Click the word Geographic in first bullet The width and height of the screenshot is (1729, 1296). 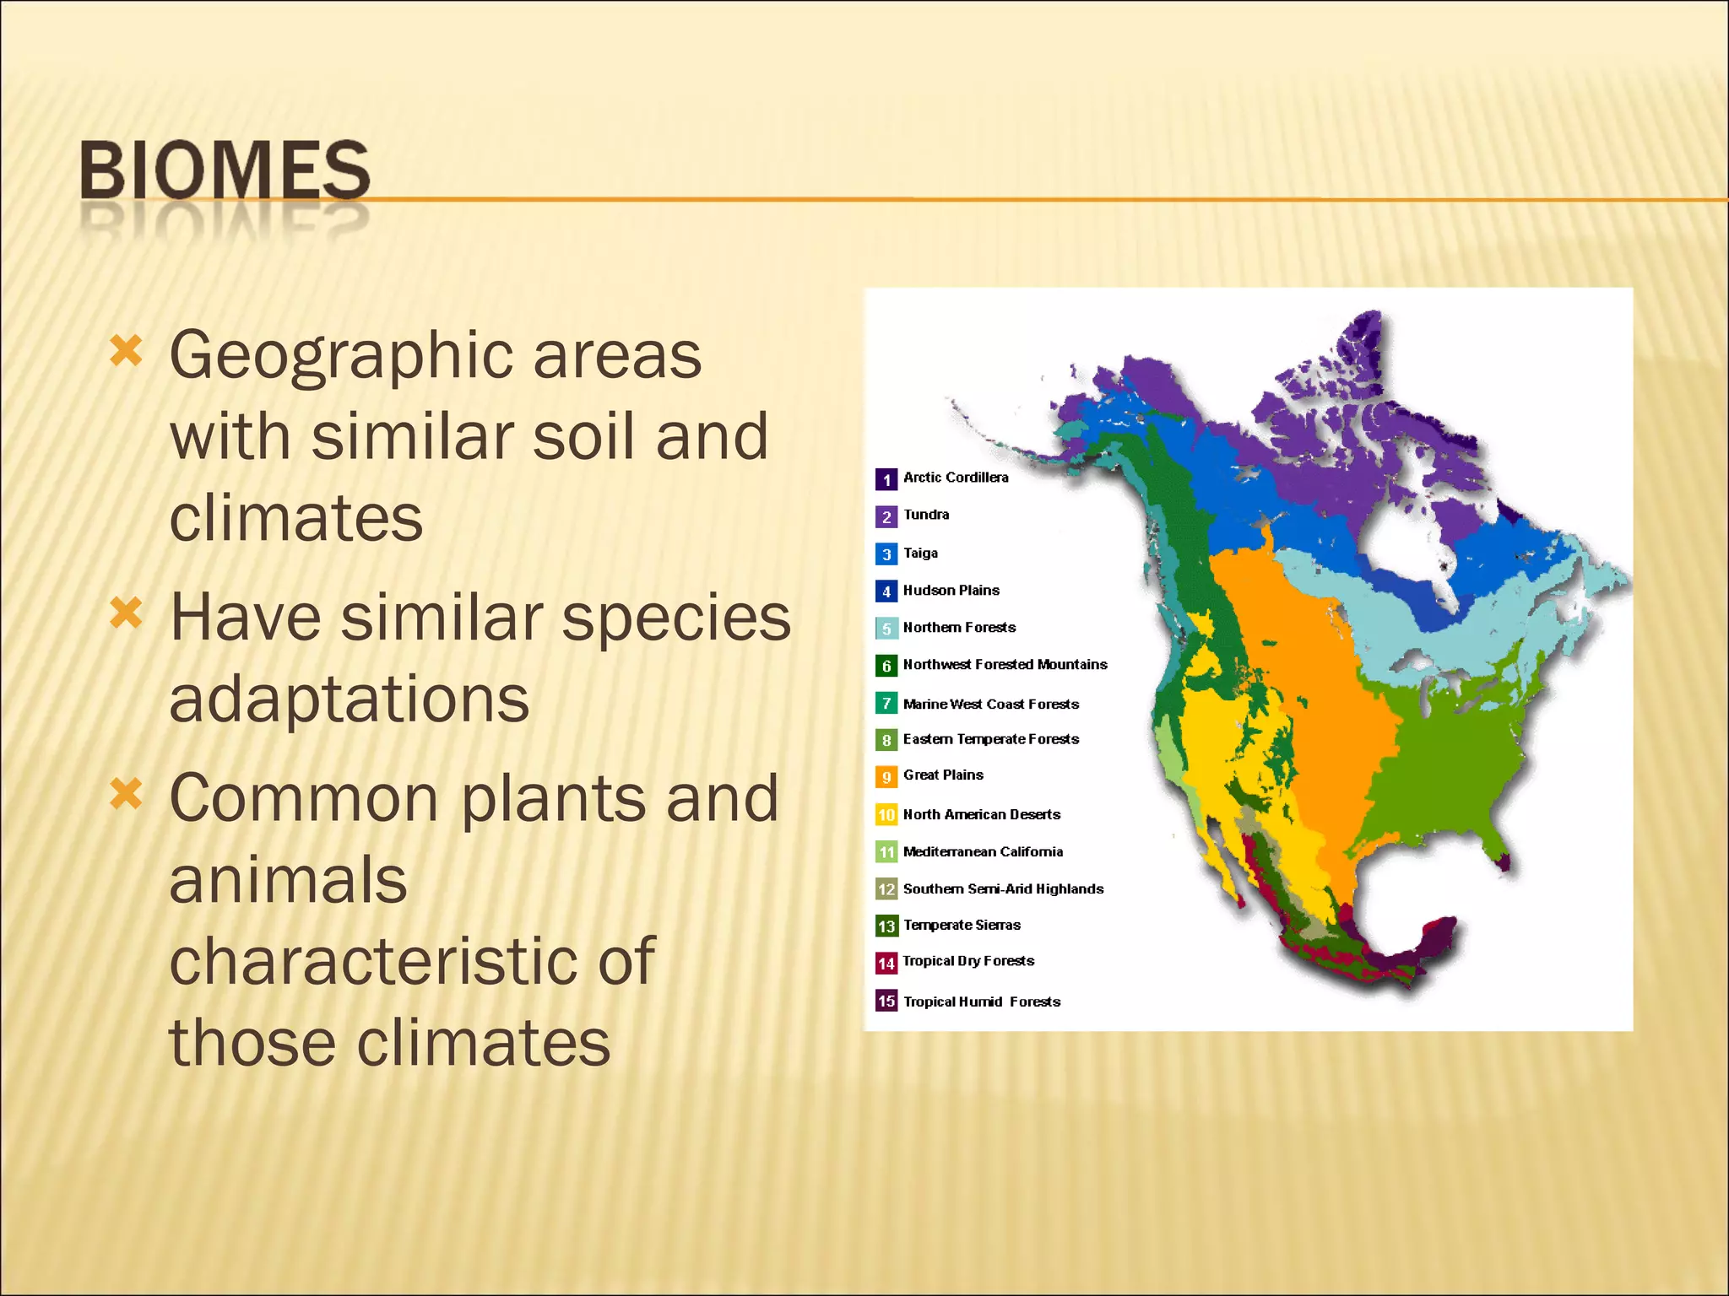[x=340, y=355]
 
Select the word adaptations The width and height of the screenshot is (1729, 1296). [x=349, y=699]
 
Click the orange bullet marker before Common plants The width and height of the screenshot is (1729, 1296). [x=126, y=793]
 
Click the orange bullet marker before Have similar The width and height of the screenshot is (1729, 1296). [x=126, y=613]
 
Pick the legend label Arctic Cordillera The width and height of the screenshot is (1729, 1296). [x=955, y=478]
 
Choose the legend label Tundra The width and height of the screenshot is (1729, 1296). [x=925, y=515]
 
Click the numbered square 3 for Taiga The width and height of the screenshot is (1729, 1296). [x=886, y=554]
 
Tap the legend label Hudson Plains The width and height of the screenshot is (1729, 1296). [x=951, y=591]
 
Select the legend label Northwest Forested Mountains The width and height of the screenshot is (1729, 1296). [x=1005, y=665]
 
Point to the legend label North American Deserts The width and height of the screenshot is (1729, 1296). [x=981, y=815]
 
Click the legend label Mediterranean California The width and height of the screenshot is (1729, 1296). [x=983, y=852]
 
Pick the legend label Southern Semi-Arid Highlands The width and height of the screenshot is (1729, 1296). [x=1003, y=889]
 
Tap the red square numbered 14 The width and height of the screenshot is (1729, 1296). [x=886, y=963]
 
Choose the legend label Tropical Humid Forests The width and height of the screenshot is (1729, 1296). [x=981, y=1002]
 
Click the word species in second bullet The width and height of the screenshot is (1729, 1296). [x=675, y=618]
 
